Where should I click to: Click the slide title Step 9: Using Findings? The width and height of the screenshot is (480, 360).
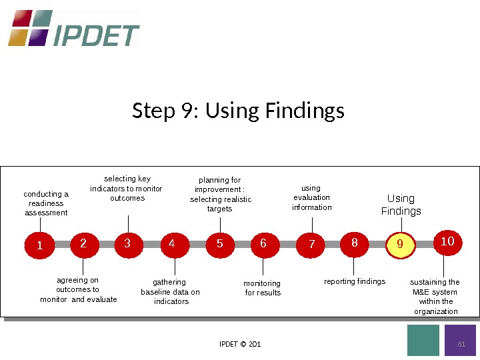tap(239, 110)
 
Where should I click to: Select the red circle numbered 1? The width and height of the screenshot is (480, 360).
tap(39, 245)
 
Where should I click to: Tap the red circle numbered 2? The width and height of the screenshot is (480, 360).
tap(83, 244)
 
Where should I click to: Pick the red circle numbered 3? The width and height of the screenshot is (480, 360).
tap(128, 244)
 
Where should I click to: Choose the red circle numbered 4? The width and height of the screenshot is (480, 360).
tap(173, 244)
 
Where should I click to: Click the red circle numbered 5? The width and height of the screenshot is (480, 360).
tap(220, 244)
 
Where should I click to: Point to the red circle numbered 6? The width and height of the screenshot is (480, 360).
tap(264, 244)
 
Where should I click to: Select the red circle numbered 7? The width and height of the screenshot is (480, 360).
tap(311, 245)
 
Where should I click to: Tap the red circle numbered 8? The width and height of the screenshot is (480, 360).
tap(355, 243)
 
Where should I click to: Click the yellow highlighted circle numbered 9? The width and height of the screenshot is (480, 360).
tap(400, 244)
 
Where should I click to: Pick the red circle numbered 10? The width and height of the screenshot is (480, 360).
tap(447, 241)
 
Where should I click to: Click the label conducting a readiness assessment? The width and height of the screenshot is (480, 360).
tap(46, 203)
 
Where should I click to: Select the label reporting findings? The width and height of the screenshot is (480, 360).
tap(355, 281)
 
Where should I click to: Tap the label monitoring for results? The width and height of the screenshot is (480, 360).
tap(263, 288)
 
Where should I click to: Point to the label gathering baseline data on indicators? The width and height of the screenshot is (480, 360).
tap(170, 292)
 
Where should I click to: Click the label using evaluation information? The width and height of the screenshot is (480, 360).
tap(311, 198)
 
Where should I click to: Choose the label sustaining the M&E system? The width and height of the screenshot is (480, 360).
tap(435, 297)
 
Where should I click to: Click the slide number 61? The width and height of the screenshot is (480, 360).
tap(460, 344)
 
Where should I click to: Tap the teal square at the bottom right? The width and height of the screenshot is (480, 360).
tap(423, 340)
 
